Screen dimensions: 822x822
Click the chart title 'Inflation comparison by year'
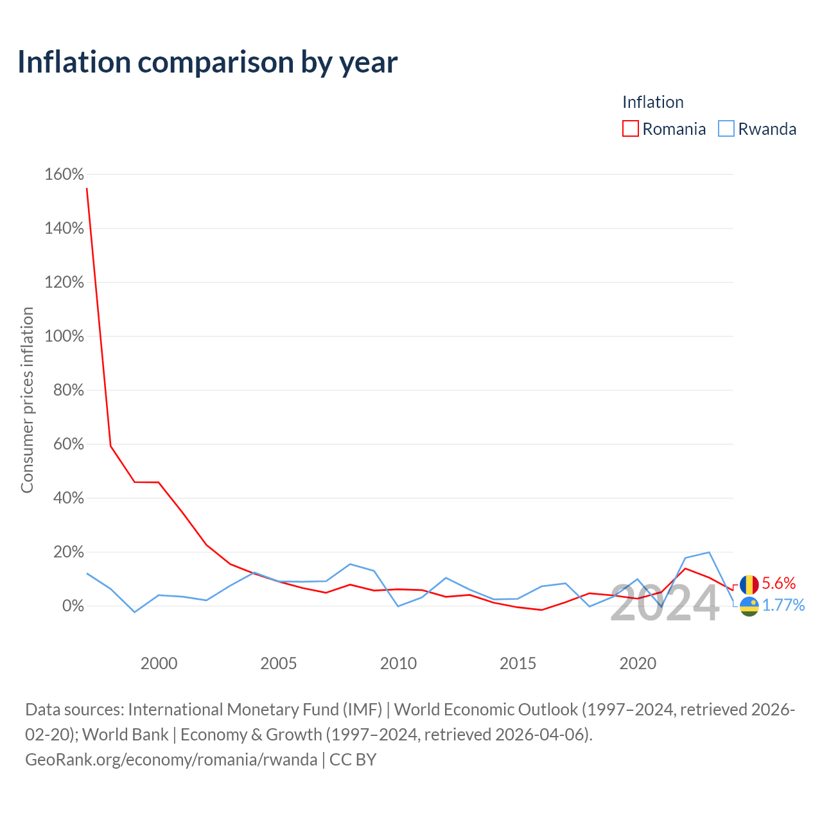coord(207,62)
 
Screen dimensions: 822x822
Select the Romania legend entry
coord(664,129)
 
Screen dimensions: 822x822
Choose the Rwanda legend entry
coord(758,129)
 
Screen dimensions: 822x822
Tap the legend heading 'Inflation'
coord(652,102)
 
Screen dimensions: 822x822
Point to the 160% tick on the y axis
coord(64,175)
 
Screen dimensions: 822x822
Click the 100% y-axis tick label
coord(64,337)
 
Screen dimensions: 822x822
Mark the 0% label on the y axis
coord(73,606)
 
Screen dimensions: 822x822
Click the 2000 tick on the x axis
coord(159,663)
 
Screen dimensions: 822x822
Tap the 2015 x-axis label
coord(518,663)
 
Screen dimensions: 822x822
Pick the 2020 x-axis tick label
coord(638,663)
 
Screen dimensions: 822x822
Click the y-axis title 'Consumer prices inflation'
coord(27,400)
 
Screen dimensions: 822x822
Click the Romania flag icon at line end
coord(749,584)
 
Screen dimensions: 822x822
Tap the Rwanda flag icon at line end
coord(749,606)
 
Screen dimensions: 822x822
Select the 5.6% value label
coord(779,584)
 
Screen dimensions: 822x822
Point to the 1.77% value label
coord(783,606)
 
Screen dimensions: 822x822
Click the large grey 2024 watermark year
coord(665,604)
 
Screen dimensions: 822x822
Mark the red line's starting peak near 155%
coord(87,188)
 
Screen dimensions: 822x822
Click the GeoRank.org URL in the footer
coord(171,760)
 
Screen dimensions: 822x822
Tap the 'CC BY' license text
coord(353,760)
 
